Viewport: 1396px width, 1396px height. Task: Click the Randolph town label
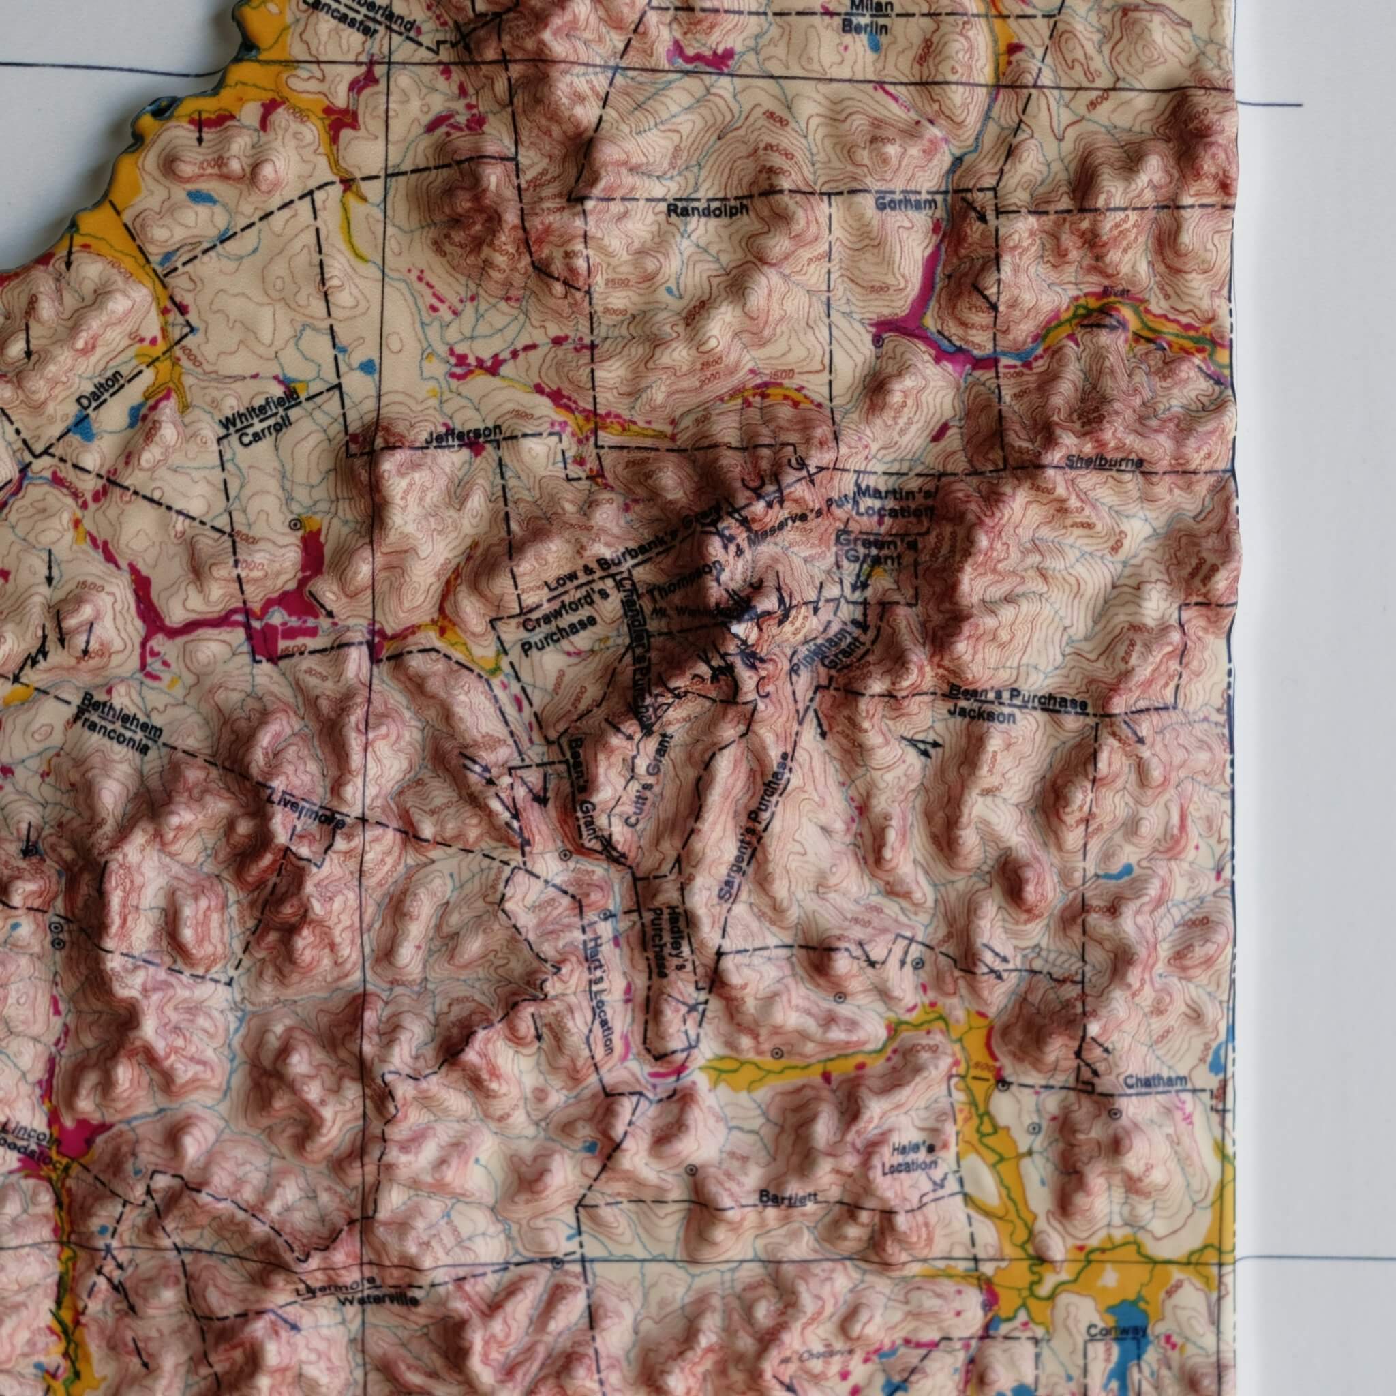(703, 211)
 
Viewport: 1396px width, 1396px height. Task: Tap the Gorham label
(905, 204)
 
